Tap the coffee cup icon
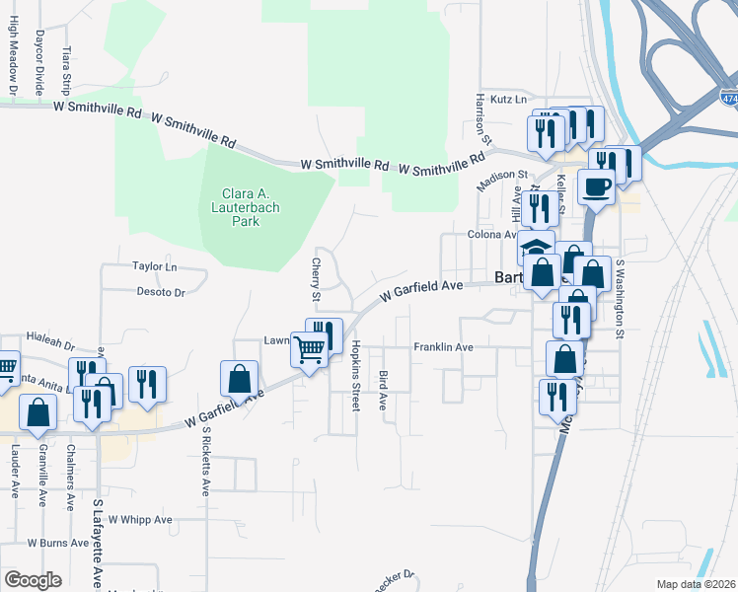596,187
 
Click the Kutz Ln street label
509,100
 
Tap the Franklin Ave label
443,347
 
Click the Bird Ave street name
383,391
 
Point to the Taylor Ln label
154,267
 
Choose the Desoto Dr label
160,293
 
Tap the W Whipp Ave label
140,520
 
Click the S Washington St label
621,299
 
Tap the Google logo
33,580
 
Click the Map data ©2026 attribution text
696,584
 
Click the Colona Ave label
492,235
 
